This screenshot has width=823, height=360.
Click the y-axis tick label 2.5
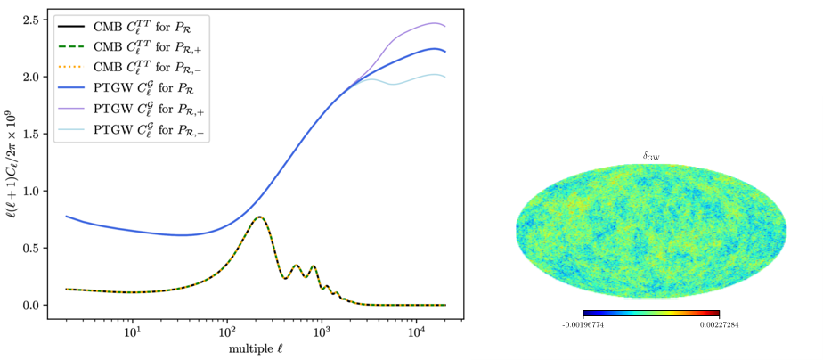pos(32,20)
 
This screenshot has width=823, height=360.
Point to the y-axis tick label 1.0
pos(32,191)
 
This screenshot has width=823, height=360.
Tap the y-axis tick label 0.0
pos(32,305)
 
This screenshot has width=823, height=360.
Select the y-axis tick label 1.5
pos(32,134)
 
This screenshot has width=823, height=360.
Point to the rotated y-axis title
pos(12,165)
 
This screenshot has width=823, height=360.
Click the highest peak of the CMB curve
pos(259,217)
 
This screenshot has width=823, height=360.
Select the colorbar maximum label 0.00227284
pos(718,325)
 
